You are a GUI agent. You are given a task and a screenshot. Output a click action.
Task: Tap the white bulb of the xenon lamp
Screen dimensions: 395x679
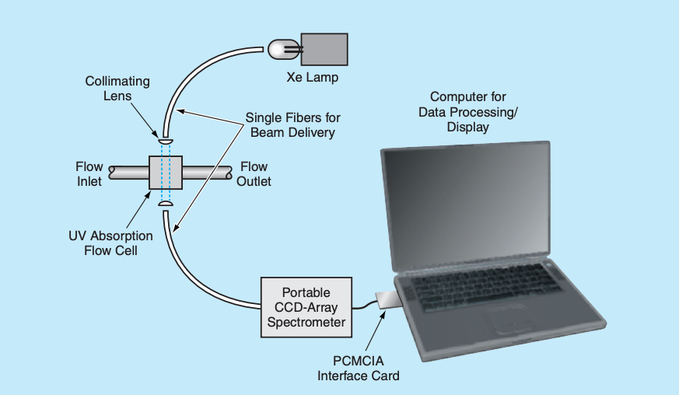[x=279, y=50]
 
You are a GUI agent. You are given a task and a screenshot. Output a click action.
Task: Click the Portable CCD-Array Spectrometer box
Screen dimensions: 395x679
[x=306, y=306]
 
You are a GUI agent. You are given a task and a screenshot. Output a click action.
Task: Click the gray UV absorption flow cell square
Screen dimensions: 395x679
[x=166, y=173]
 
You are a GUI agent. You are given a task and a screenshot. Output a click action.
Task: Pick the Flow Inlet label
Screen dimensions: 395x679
[x=89, y=174]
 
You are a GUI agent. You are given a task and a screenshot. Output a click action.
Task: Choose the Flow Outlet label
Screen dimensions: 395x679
[x=254, y=174]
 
